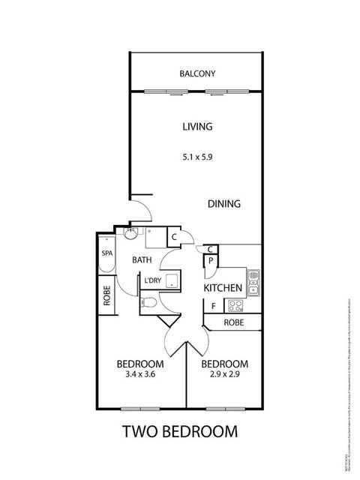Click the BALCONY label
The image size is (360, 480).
pos(197,73)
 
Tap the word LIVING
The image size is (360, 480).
pos(197,127)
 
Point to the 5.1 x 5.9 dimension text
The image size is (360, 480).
pos(197,158)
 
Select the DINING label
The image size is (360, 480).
pos(223,203)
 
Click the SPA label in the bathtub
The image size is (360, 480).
pos(106,253)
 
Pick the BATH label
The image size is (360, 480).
pos(142,260)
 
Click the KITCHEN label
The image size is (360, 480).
pos(223,288)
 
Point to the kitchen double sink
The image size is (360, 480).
pos(253,280)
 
